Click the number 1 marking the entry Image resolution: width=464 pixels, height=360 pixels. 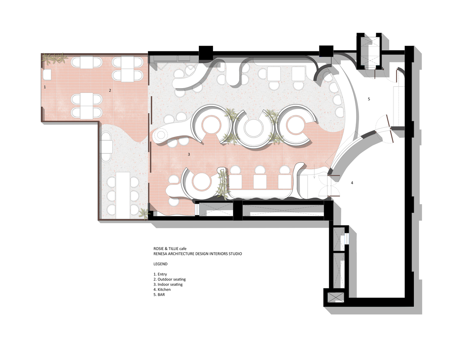(45, 87)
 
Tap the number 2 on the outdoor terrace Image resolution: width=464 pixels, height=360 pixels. (110, 90)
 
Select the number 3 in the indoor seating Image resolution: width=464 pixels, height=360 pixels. (189, 154)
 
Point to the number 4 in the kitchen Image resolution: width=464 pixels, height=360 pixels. (352, 183)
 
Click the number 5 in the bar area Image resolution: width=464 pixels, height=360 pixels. (369, 99)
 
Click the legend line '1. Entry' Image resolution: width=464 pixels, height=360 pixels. (160, 274)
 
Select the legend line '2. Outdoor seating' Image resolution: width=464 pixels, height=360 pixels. (169, 279)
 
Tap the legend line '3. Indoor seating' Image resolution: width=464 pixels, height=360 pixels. (168, 284)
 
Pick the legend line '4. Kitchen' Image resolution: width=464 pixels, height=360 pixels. (162, 289)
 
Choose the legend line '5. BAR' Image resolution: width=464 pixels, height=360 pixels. (159, 294)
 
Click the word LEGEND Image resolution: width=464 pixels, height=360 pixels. (160, 264)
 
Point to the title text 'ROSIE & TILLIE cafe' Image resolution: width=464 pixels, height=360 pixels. (170, 249)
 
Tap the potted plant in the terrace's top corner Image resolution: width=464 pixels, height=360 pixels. (54, 59)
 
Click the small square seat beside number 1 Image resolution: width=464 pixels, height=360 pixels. (47, 75)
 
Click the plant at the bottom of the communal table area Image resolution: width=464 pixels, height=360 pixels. (144, 213)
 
